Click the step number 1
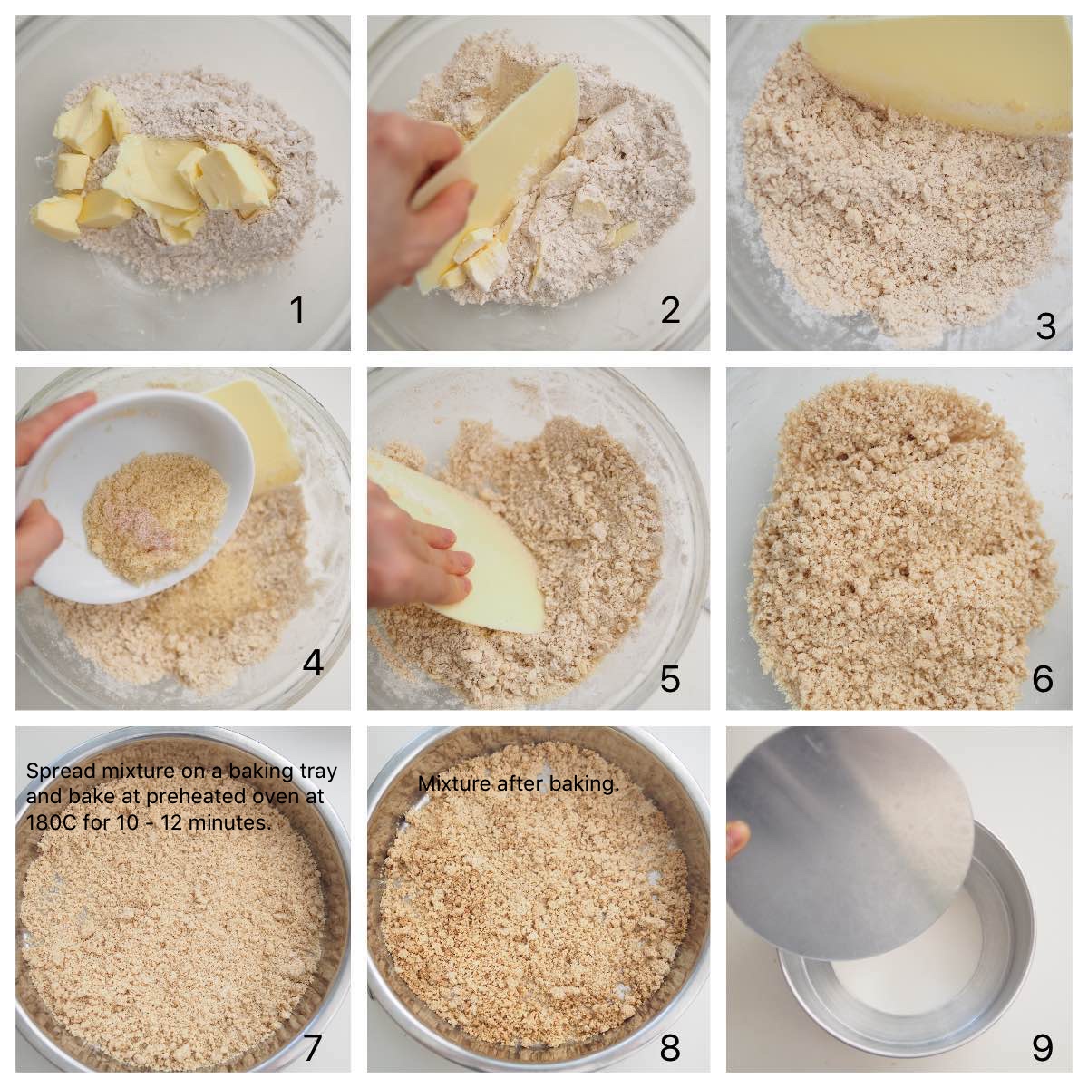point(296,311)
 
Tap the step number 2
point(670,310)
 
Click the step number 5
point(670,678)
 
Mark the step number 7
point(312,1047)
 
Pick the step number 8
point(670,1048)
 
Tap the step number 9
point(1042,1048)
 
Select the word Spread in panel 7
point(53,772)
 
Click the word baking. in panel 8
point(588,784)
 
